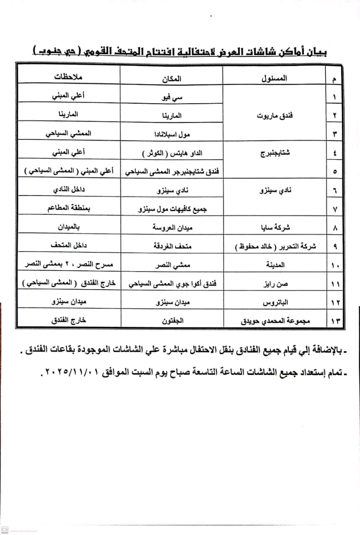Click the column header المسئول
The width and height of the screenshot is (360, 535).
[273, 79]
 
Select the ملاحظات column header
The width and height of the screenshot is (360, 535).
[67, 79]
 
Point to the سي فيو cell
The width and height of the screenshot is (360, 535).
[172, 97]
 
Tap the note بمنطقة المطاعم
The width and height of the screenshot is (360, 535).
[67, 209]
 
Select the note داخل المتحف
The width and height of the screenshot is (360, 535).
[67, 246]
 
